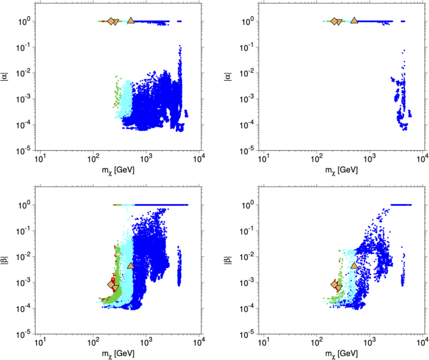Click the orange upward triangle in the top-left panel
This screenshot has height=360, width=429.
130,21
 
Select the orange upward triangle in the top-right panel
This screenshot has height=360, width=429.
354,21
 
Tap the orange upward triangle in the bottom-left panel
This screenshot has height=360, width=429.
130,265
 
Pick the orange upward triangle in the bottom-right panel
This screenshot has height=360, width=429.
354,265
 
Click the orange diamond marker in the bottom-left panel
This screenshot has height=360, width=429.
111,285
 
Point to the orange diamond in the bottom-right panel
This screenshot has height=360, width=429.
334,285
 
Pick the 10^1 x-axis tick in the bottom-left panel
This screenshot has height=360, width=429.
40,341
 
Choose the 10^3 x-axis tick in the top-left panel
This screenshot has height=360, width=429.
146,158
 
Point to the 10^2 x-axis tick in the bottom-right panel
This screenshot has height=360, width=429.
317,341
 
